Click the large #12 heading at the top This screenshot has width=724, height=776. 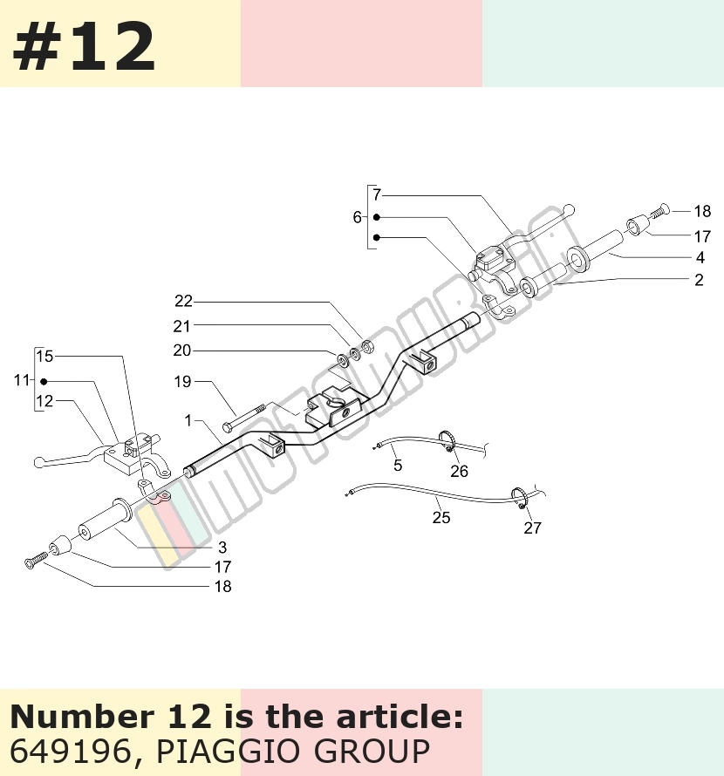(84, 47)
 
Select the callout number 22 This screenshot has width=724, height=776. (183, 301)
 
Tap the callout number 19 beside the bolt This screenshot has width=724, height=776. (182, 382)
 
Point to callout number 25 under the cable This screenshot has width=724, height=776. (441, 518)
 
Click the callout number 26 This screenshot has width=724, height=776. (459, 471)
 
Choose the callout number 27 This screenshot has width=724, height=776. (532, 528)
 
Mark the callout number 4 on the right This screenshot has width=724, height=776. (700, 257)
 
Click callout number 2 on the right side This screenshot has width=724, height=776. (699, 280)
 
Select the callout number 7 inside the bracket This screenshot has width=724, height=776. (377, 195)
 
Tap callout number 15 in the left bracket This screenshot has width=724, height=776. (44, 356)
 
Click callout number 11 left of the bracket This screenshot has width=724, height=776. (21, 380)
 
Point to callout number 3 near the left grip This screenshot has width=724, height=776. (222, 548)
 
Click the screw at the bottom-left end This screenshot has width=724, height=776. (36, 561)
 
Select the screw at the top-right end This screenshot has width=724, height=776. (659, 211)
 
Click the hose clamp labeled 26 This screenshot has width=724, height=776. (447, 441)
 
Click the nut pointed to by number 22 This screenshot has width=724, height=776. (367, 346)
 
